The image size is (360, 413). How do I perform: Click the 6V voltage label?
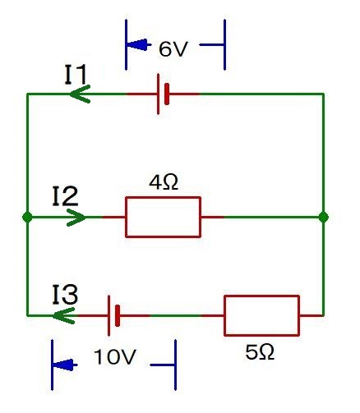click(x=173, y=49)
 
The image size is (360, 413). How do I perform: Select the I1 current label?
click(x=81, y=74)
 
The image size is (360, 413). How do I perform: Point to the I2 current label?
click(x=65, y=196)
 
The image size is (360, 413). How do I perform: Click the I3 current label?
click(x=65, y=294)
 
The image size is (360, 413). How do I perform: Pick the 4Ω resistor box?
click(x=163, y=218)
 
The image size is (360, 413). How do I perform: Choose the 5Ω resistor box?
click(x=261, y=315)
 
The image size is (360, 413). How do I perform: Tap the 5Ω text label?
click(x=261, y=352)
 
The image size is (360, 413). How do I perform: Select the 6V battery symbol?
click(x=164, y=94)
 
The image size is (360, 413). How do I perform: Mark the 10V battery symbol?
click(x=114, y=315)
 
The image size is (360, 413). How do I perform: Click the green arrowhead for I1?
click(x=80, y=94)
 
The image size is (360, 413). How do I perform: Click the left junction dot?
click(x=27, y=218)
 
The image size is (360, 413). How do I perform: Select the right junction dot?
click(x=324, y=218)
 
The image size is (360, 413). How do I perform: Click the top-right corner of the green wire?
click(x=324, y=94)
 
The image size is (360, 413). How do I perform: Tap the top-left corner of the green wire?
click(x=27, y=94)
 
